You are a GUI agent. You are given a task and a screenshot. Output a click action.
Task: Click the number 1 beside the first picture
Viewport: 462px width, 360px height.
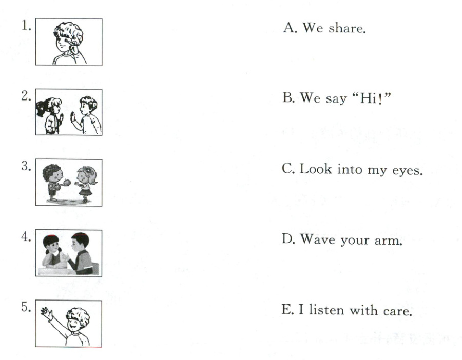(26, 26)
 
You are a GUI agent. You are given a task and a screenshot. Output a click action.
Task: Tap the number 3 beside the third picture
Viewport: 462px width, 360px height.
(26, 166)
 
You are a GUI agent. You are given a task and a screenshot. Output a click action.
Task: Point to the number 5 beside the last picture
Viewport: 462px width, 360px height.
(26, 307)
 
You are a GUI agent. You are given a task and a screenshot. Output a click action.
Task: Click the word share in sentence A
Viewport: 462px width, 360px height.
(347, 28)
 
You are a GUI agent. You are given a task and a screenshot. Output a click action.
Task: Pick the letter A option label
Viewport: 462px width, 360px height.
(290, 28)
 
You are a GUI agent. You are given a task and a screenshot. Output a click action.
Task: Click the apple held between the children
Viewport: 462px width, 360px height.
(67, 183)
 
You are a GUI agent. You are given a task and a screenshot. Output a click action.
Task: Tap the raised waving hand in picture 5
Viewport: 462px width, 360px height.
(47, 313)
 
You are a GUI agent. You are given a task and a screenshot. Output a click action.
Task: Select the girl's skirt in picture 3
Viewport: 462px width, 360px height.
(85, 192)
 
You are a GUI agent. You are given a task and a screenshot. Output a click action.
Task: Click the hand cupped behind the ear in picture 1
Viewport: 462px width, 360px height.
(73, 47)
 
